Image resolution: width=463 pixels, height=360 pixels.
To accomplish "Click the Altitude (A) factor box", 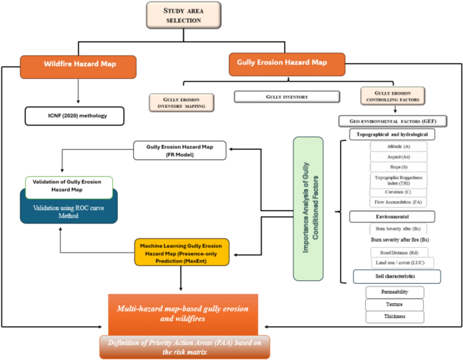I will pyautogui.click(x=397, y=147).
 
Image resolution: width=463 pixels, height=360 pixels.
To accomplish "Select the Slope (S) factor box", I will pyautogui.click(x=397, y=166).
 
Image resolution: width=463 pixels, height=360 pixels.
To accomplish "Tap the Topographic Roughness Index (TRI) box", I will pyautogui.click(x=397, y=180).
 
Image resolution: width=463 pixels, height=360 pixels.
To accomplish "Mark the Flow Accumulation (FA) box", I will pyautogui.click(x=397, y=202).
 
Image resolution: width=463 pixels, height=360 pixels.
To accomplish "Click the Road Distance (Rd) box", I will pyautogui.click(x=397, y=252).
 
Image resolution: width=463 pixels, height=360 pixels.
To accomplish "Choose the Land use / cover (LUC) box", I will pyautogui.click(x=397, y=262).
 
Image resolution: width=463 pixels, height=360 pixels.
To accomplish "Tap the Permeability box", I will pyautogui.click(x=395, y=292).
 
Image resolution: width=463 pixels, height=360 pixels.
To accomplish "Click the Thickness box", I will pyautogui.click(x=395, y=316).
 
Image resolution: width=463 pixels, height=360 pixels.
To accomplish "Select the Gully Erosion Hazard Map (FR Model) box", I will pyautogui.click(x=178, y=150).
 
